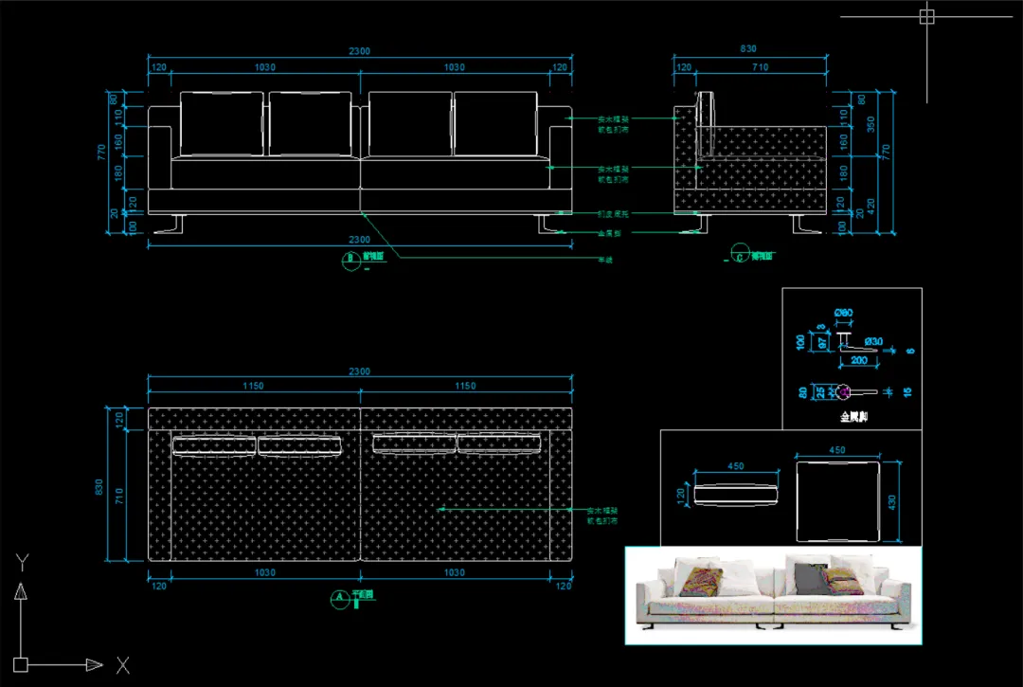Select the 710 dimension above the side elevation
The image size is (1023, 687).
[760, 68]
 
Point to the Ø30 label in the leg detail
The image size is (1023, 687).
[872, 341]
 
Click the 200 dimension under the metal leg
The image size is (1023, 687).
[860, 361]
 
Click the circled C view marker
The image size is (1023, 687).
[739, 254]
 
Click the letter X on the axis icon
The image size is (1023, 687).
[122, 665]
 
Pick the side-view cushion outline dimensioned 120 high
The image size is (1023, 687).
[736, 494]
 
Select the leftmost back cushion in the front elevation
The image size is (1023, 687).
[222, 123]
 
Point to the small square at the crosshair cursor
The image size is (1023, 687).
[926, 16]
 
